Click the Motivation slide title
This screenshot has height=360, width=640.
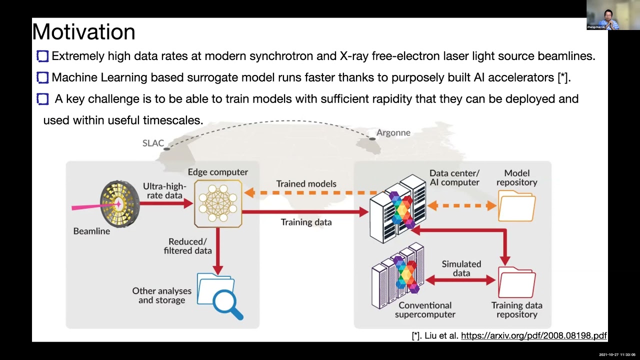point(84,32)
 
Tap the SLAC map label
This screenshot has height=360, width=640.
point(153,143)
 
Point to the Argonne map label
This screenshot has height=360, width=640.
point(393,132)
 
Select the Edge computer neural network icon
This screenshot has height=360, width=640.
point(218,204)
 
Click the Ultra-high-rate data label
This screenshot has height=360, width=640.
point(164,190)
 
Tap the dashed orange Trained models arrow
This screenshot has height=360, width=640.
point(310,192)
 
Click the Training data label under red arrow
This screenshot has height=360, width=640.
point(306,222)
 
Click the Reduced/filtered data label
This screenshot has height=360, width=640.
point(187,246)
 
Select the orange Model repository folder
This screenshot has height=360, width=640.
point(516,206)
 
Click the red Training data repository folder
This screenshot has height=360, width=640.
point(516,283)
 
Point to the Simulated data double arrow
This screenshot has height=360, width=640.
point(461,280)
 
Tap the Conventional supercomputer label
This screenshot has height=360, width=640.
point(425,309)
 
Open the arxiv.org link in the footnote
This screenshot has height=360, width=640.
point(533,336)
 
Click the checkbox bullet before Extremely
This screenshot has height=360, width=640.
point(42,56)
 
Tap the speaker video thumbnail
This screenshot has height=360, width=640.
point(606,15)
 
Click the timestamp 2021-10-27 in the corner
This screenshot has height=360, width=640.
point(608,354)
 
